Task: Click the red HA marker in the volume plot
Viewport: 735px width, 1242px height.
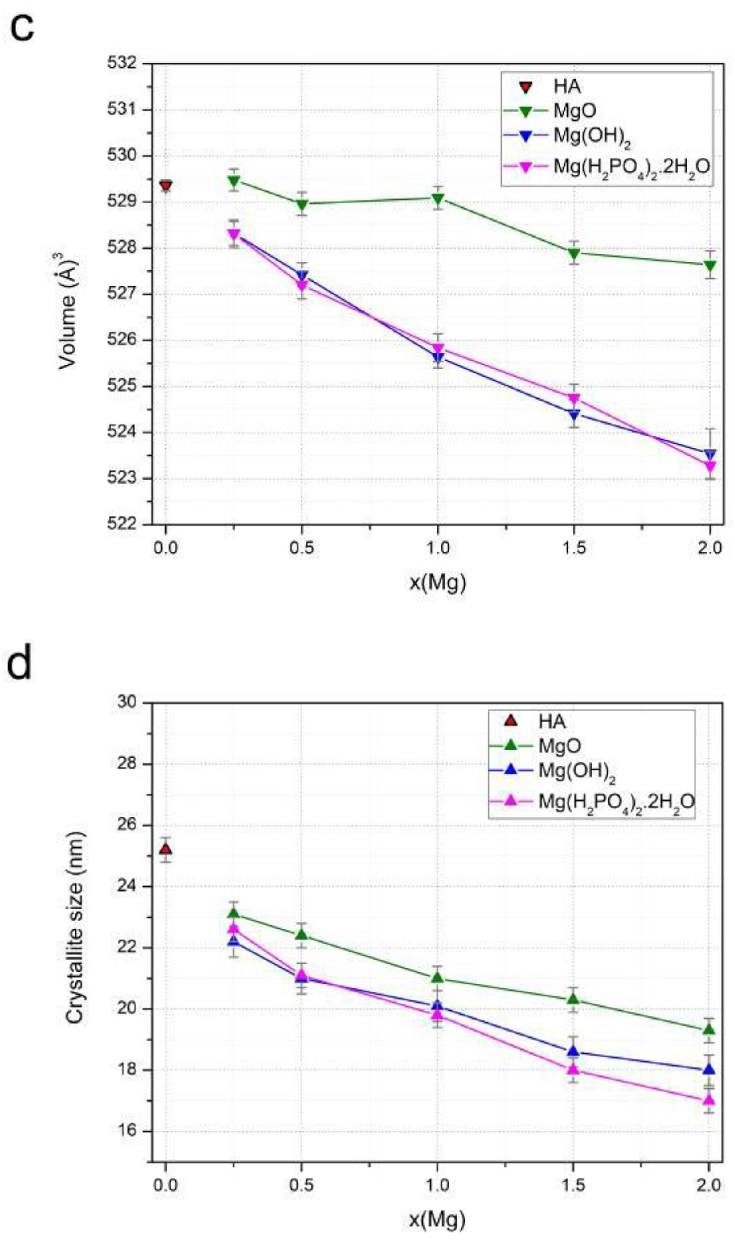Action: click(166, 186)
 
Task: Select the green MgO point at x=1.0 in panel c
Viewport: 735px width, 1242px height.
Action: click(437, 198)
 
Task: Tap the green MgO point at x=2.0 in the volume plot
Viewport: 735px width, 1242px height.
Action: click(710, 266)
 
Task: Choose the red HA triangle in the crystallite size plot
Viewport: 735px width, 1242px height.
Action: click(166, 849)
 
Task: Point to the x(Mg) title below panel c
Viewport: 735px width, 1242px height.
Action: click(438, 583)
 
